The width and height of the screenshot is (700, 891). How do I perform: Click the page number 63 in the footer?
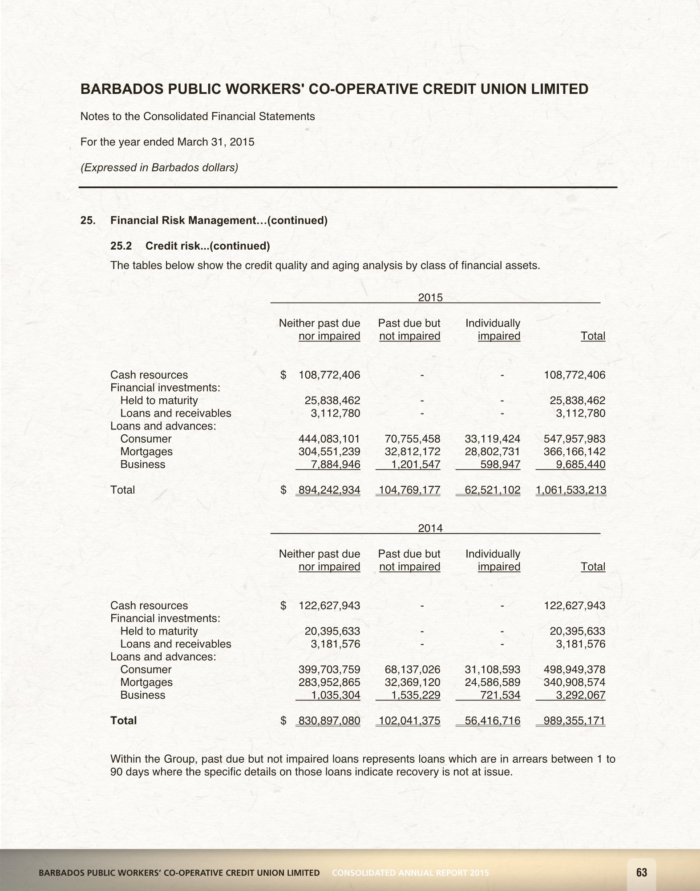click(641, 872)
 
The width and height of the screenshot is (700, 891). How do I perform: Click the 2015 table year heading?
click(430, 298)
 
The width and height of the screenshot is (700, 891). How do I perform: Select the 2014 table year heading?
click(430, 528)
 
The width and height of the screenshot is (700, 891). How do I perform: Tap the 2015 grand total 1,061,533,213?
click(571, 490)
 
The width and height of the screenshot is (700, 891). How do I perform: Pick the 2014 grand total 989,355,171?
click(574, 721)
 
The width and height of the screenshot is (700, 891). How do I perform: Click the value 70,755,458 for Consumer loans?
click(412, 439)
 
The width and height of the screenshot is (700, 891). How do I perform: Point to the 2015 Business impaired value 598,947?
click(500, 465)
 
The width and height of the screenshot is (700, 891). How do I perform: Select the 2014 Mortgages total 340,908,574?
click(574, 682)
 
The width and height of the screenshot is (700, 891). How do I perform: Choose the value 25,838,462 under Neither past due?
click(332, 401)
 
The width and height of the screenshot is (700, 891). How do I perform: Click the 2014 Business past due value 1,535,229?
click(416, 695)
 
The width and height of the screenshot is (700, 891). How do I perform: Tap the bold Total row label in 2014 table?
click(123, 721)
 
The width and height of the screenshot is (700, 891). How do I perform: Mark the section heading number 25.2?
click(121, 246)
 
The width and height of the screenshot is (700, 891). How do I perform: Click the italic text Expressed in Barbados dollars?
click(159, 168)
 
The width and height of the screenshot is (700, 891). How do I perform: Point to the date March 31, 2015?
click(216, 142)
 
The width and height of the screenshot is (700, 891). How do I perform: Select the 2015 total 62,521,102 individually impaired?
click(492, 490)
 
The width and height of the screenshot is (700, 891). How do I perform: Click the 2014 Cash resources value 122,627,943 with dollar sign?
click(329, 606)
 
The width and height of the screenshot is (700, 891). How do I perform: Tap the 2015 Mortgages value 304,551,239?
click(329, 452)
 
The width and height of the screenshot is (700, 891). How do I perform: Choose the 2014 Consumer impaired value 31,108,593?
click(492, 669)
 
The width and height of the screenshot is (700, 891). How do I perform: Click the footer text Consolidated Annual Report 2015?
click(410, 873)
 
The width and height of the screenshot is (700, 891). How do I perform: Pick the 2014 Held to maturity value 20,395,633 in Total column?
click(577, 631)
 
